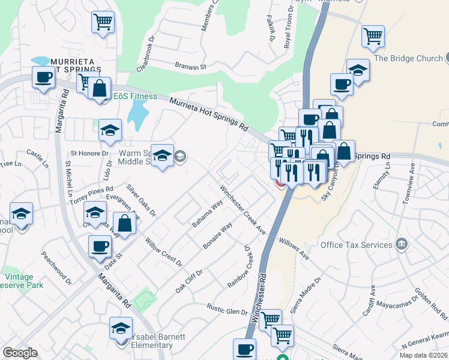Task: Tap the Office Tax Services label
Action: pyautogui.click(x=356, y=245)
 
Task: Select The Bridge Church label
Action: pyautogui.click(x=408, y=58)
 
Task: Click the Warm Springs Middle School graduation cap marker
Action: pyautogui.click(x=162, y=156)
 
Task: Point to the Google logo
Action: pyautogui.click(x=20, y=353)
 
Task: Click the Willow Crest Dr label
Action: pyautogui.click(x=163, y=251)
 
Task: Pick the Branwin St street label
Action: pyautogui.click(x=190, y=66)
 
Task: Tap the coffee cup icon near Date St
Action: pyautogui.click(x=100, y=246)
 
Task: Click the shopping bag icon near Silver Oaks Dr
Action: pyautogui.click(x=124, y=224)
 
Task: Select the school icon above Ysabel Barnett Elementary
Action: pyautogui.click(x=121, y=328)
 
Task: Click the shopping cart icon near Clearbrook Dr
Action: pyautogui.click(x=103, y=23)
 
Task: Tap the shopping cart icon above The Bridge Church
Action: pyautogui.click(x=373, y=36)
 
